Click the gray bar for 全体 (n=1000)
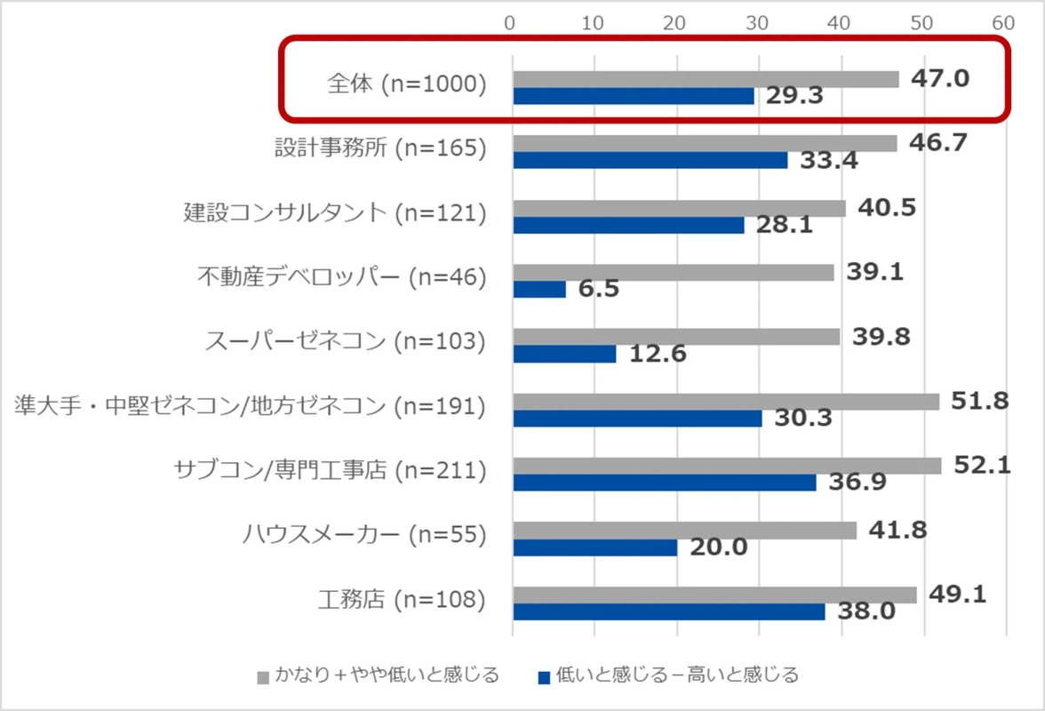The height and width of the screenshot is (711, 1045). pos(706,79)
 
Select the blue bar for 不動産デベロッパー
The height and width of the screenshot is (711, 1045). pos(539,290)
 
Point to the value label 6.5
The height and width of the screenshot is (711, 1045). pos(598,290)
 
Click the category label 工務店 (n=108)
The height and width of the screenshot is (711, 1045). pos(402,600)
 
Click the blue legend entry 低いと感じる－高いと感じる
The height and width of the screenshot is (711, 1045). pos(667,675)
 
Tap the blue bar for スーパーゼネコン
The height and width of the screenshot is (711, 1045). pos(564,354)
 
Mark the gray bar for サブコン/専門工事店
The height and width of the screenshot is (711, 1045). pos(727,466)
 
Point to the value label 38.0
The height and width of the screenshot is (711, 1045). pos(866,612)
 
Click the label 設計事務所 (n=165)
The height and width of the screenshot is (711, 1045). pos(380,148)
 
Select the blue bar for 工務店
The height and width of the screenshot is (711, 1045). pos(668,611)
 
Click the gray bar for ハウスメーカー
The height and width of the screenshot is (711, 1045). pos(684,531)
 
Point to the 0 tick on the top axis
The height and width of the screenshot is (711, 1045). pos(511,21)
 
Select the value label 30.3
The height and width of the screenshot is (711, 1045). pos(802,418)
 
